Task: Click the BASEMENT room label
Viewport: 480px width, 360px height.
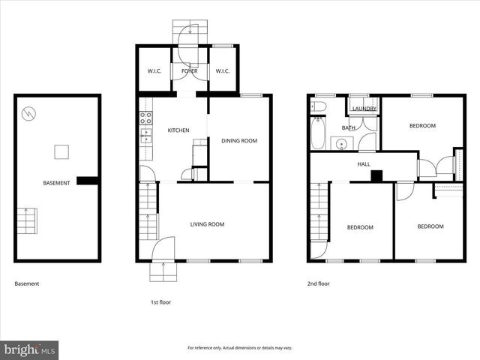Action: pos(56,183)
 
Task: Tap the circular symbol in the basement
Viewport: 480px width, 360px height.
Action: pos(29,114)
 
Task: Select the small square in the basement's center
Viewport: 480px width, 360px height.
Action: pos(62,151)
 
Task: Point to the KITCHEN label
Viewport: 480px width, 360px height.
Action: pos(178,130)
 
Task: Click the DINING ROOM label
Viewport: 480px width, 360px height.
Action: pos(238,140)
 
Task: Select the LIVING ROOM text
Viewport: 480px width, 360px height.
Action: pos(207,224)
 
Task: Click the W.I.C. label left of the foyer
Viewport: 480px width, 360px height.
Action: pos(154,71)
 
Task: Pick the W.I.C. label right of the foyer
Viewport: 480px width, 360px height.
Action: pos(223,71)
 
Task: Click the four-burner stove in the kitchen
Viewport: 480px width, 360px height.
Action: pos(146,118)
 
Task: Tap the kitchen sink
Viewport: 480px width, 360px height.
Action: pos(147,135)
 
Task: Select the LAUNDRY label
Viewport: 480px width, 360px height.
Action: pos(364,109)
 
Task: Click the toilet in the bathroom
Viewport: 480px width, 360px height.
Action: pos(319,107)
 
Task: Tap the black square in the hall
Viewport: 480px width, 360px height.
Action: pos(376,176)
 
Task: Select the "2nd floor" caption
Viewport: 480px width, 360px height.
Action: pos(319,283)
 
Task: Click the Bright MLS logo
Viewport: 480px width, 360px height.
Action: pos(30,349)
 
